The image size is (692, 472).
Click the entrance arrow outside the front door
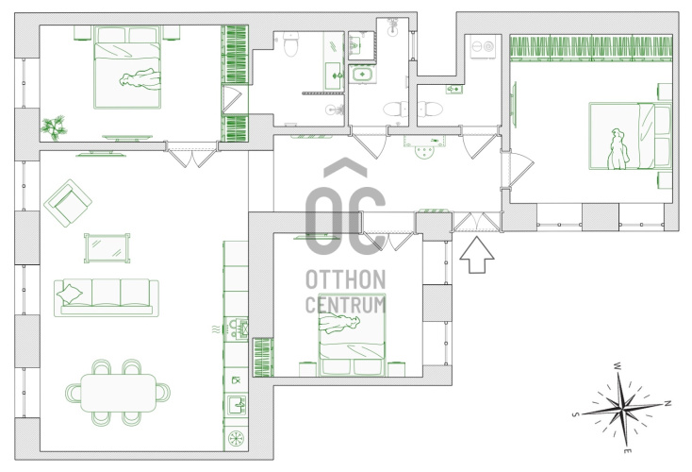click(x=477, y=256)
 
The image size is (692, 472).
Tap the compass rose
click(x=623, y=408)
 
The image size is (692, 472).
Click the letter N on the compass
click(x=668, y=403)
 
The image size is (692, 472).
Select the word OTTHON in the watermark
click(x=346, y=279)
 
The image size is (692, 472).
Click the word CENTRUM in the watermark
click(x=346, y=305)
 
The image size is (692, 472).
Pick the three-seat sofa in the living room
click(x=106, y=297)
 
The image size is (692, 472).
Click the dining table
click(x=118, y=393)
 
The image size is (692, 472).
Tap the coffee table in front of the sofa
click(x=107, y=248)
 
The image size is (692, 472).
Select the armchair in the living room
click(x=68, y=202)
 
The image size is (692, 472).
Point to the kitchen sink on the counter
click(x=236, y=405)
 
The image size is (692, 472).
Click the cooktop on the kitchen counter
click(x=236, y=329)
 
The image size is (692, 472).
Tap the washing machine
click(x=484, y=46)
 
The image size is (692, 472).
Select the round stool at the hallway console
click(x=424, y=153)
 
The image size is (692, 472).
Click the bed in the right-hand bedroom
click(x=630, y=136)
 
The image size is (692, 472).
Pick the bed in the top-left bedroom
click(x=127, y=67)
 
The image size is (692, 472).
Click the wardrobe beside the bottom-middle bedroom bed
click(x=263, y=358)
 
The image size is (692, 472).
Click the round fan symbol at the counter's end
click(x=236, y=438)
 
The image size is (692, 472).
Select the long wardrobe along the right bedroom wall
click(x=591, y=48)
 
